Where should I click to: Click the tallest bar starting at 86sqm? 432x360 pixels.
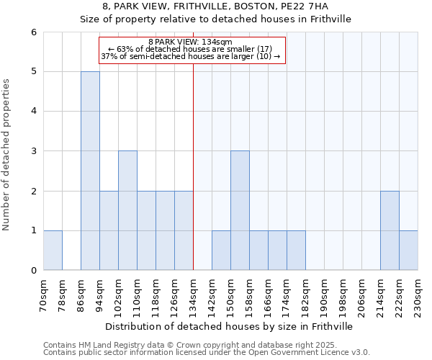click(90, 171)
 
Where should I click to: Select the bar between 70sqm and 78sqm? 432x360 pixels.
click(53, 251)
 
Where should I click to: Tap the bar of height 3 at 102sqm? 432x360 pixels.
click(127, 210)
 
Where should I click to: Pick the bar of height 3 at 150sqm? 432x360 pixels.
click(240, 210)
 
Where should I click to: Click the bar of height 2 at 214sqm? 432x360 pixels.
click(390, 230)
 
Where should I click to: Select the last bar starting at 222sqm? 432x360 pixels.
click(408, 251)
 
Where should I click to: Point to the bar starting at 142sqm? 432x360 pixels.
click(221, 251)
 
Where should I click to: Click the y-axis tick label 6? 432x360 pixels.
click(33, 32)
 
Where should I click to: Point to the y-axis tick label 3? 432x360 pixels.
click(33, 151)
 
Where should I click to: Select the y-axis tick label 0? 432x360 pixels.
click(33, 271)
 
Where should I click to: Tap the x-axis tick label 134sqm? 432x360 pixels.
click(194, 296)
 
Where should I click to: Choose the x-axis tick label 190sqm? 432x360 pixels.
click(325, 296)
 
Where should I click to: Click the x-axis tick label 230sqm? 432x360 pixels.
click(418, 296)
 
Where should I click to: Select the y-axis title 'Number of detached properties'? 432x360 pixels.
click(6, 155)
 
